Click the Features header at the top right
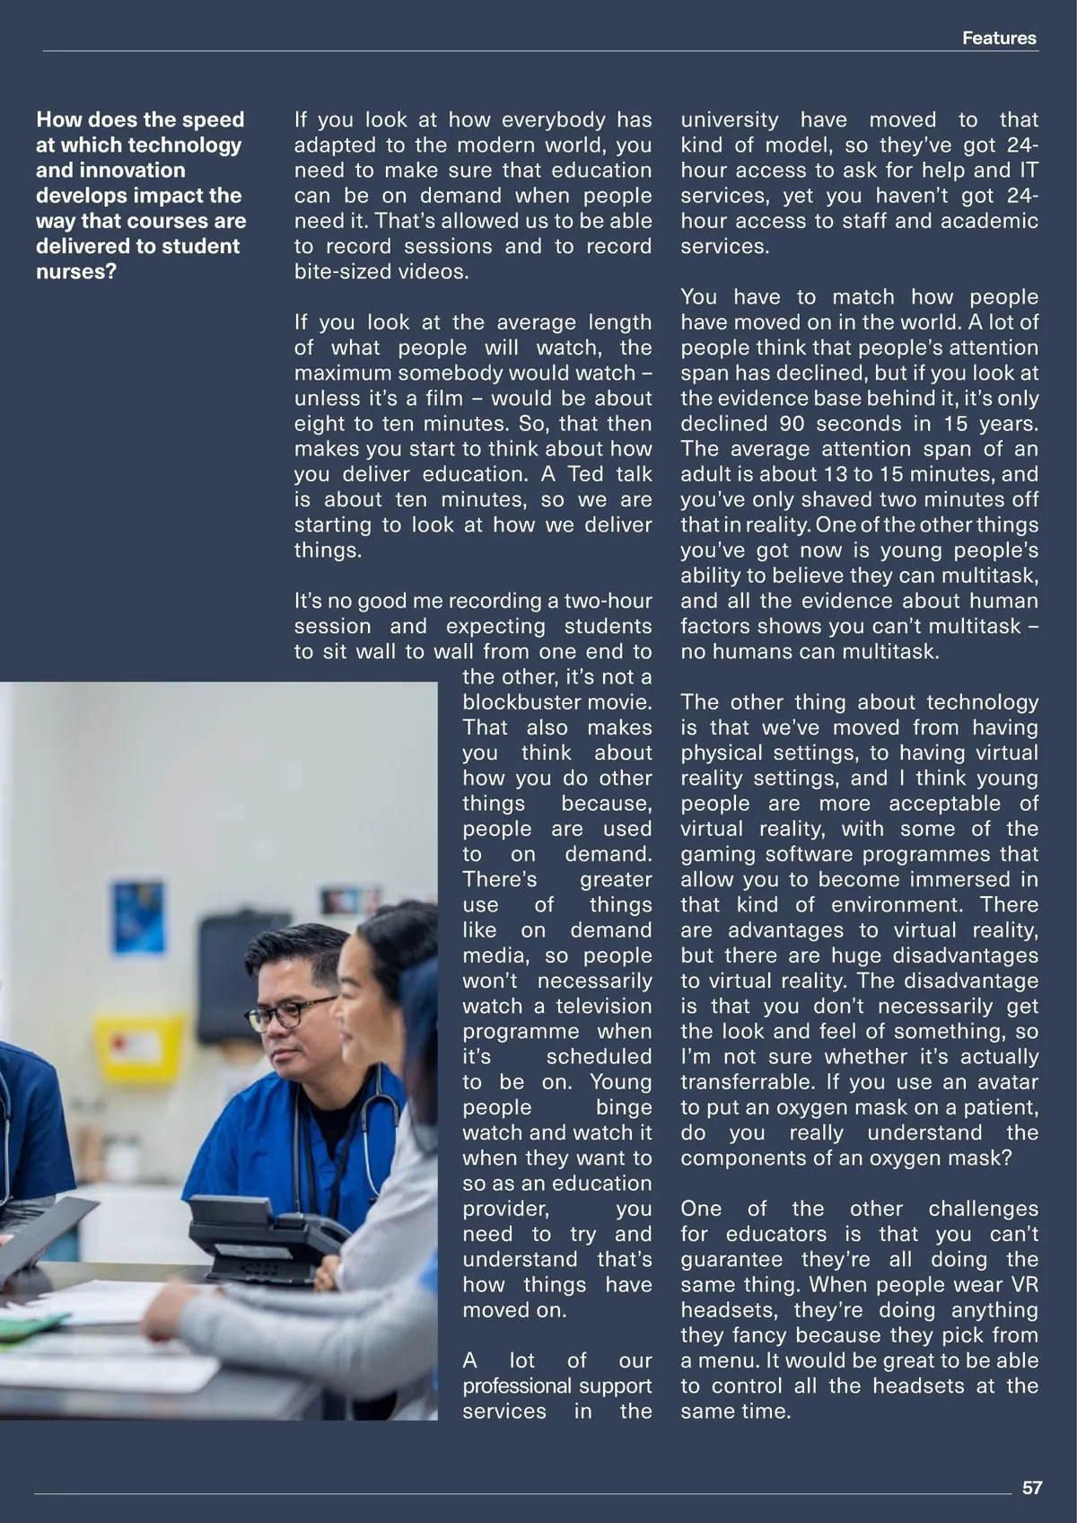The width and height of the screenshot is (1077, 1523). click(x=998, y=39)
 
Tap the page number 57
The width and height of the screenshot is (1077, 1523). click(x=1032, y=1487)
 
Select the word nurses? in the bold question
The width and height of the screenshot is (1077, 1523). click(x=76, y=271)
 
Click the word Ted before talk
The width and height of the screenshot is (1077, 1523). click(x=585, y=474)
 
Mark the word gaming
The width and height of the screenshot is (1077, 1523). click(x=718, y=854)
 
